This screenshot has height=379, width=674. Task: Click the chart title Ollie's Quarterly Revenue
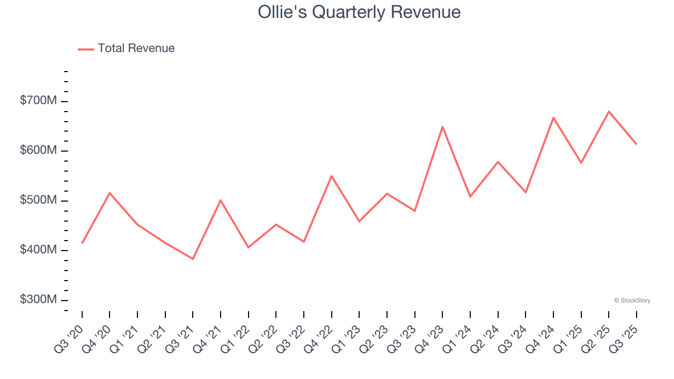tap(359, 12)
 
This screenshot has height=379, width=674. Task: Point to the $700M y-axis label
tap(38, 101)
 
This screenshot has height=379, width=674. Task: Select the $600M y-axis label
tap(38, 151)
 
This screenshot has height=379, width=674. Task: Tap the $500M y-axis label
tap(38, 201)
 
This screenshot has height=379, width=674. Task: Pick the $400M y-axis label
tap(38, 250)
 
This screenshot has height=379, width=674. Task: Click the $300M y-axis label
tap(38, 300)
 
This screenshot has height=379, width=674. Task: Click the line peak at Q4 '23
tap(442, 126)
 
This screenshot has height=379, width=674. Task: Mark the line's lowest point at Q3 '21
tap(193, 259)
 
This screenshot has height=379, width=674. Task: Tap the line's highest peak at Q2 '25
tap(609, 111)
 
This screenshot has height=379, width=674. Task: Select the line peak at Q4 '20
tap(110, 193)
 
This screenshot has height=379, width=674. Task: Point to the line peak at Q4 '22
tap(331, 176)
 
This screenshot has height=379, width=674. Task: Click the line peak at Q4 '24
tap(553, 117)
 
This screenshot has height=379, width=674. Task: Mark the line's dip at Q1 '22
tap(248, 247)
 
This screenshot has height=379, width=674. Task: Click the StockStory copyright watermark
tap(632, 301)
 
